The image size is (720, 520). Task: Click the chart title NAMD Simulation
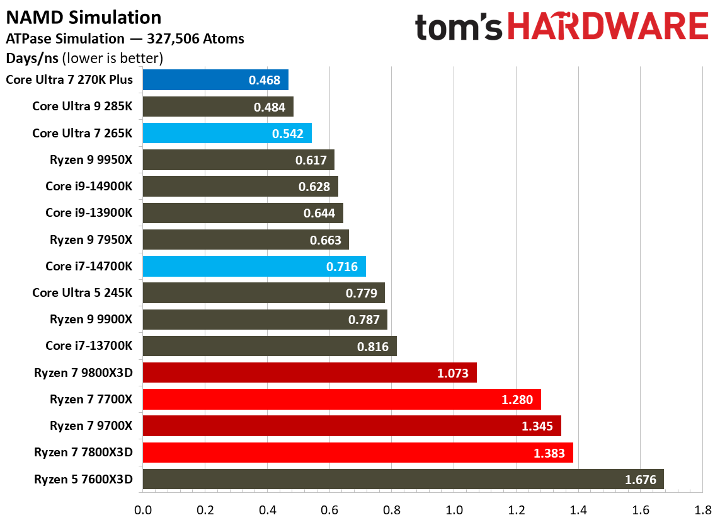(84, 17)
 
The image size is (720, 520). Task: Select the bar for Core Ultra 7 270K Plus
(215, 80)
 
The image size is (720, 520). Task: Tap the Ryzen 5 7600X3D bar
(403, 480)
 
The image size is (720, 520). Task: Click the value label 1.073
(452, 373)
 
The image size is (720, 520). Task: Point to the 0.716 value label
(341, 267)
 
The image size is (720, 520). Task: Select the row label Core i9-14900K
(89, 187)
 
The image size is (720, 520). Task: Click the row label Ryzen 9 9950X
(91, 160)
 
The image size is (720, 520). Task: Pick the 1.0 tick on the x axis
(454, 509)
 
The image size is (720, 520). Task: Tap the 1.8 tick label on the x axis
(702, 509)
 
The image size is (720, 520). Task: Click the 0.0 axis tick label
(143, 509)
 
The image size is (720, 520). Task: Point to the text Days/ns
(31, 59)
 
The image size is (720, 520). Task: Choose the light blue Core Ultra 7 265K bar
(227, 134)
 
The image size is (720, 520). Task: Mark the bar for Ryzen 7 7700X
(341, 400)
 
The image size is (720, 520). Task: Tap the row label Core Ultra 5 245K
(83, 293)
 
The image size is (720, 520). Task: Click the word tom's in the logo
(459, 28)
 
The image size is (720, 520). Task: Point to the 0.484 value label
(270, 107)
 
